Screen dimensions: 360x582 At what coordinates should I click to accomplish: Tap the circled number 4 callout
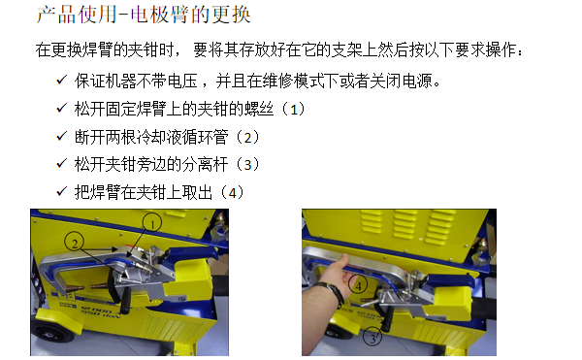361,286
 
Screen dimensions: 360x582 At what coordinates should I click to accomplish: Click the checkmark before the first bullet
62,82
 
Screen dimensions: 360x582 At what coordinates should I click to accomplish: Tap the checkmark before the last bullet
62,191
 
